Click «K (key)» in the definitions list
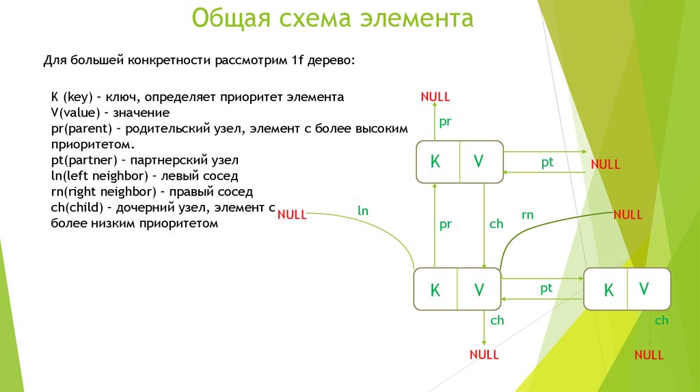72,97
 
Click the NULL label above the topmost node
435,97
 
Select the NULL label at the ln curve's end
292,214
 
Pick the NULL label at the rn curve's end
628,214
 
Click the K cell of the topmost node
435,162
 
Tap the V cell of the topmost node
479,162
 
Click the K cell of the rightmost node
608,290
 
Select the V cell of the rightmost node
644,289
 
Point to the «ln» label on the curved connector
363,211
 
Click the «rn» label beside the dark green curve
527,215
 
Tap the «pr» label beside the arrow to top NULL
445,122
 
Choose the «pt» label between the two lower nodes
546,288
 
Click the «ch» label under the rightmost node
661,320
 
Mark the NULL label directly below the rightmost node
649,354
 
